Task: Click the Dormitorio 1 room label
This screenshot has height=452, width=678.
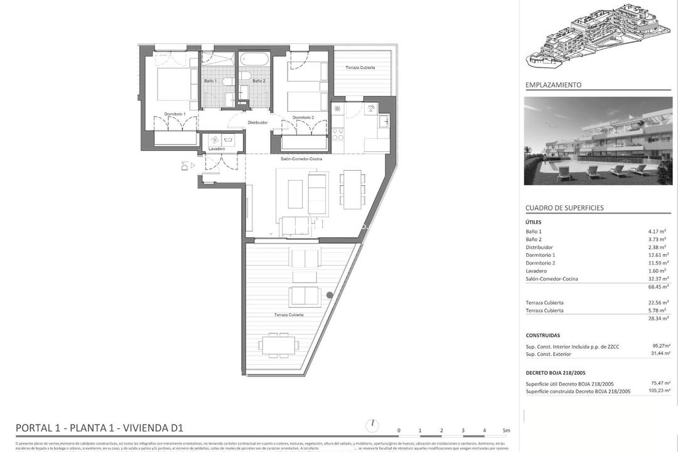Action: [175, 114]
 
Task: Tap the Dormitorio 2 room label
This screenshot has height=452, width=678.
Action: [303, 117]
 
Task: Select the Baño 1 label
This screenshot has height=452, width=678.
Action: [210, 81]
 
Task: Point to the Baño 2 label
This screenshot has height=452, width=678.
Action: [259, 81]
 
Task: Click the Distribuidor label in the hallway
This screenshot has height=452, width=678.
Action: [257, 122]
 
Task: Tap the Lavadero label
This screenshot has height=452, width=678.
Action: [218, 149]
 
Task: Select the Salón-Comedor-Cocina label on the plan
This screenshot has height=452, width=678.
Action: [302, 159]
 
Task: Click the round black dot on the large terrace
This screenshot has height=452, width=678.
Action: [330, 295]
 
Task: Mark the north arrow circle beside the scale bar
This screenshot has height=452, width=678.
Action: [373, 425]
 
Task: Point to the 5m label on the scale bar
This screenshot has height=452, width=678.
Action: [506, 431]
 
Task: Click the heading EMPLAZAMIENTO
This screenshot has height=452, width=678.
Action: [553, 85]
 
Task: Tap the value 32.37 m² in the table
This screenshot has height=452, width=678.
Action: [659, 279]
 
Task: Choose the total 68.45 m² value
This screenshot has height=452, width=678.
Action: [659, 287]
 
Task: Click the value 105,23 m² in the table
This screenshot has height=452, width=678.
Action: [658, 391]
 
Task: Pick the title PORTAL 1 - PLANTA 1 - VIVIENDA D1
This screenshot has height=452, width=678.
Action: [99, 428]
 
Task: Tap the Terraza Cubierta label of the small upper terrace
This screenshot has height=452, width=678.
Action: [361, 68]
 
